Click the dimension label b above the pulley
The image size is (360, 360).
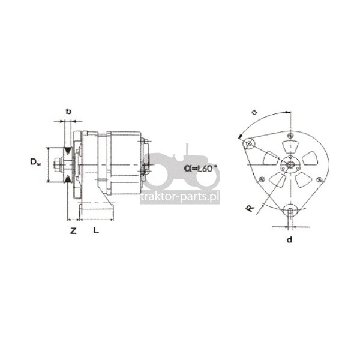tap(68, 112)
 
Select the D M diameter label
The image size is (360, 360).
tap(35, 162)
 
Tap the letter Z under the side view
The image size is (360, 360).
tap(73, 231)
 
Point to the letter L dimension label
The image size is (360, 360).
tap(96, 230)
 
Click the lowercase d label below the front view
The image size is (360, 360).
tap(290, 240)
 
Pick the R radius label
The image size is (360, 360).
tap(250, 208)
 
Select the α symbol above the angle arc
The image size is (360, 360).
tap(254, 112)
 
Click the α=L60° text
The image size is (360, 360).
tap(200, 168)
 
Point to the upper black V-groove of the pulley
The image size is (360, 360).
tap(67, 151)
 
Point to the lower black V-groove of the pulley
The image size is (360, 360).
tap(67, 179)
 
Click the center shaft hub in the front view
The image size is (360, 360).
tap(290, 164)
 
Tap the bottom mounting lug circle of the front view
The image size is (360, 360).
tap(290, 209)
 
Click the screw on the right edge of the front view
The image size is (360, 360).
tap(319, 179)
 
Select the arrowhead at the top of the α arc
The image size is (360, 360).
tap(287, 112)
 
